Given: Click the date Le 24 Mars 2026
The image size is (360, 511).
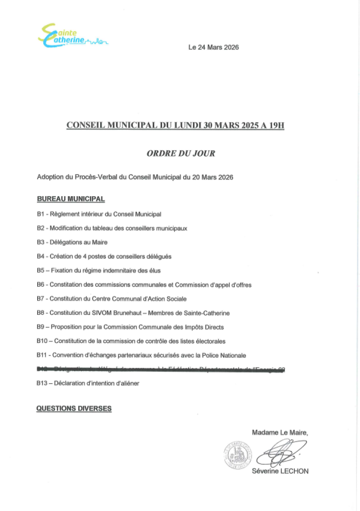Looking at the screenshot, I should click(213, 48).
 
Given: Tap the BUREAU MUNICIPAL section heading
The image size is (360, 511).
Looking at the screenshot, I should click(71, 198).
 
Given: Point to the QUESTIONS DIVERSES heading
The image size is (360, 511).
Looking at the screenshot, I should click(74, 408).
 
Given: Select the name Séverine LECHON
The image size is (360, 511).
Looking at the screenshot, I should click(280, 471).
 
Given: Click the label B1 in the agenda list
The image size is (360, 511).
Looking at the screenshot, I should click(41, 214).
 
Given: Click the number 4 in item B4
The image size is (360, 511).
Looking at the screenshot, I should click(83, 257).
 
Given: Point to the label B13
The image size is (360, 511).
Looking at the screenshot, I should click(43, 383).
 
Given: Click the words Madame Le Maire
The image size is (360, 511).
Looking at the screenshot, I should click(280, 432).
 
